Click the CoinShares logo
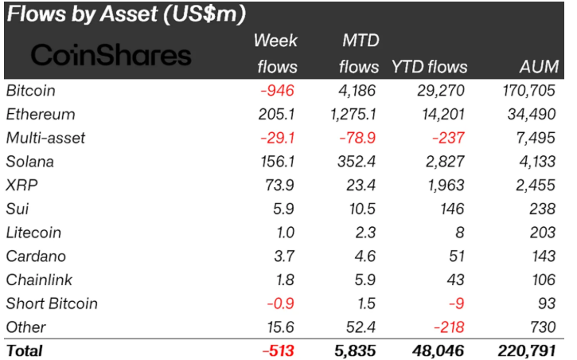point(111,55)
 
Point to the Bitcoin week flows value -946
point(279,91)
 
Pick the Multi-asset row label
point(45,138)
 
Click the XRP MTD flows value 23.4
point(362,185)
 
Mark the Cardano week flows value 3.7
point(286,256)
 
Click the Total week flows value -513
point(279,350)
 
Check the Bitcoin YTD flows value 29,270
point(442,91)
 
